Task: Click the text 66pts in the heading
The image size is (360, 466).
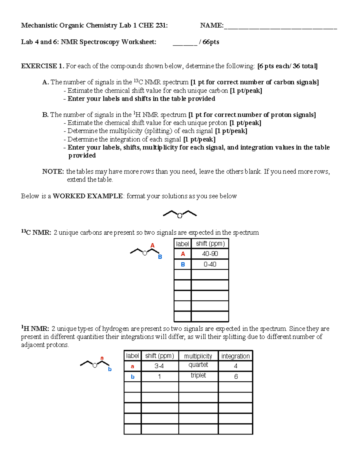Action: click(x=211, y=42)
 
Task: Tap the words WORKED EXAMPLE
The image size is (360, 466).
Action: click(x=88, y=196)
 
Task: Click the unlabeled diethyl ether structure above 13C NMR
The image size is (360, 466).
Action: click(x=180, y=214)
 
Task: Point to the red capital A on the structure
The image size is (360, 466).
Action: click(x=152, y=245)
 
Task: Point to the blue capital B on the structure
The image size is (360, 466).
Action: click(x=160, y=257)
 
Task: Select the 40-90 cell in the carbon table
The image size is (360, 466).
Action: click(x=210, y=254)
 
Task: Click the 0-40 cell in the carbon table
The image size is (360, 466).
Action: click(x=210, y=264)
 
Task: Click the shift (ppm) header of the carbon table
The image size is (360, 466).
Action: click(x=210, y=244)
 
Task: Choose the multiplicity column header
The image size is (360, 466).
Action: click(x=198, y=356)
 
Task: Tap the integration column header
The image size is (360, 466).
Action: click(x=235, y=356)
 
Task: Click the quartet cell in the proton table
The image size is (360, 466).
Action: click(x=198, y=365)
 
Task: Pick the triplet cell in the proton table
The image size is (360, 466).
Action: click(x=198, y=375)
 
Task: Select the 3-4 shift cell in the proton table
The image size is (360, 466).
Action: click(x=159, y=366)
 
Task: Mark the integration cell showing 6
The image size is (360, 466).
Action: click(x=236, y=377)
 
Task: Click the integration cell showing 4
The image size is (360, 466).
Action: click(x=235, y=366)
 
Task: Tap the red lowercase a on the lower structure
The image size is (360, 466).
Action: click(x=102, y=358)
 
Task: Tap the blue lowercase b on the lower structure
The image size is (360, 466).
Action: click(x=110, y=369)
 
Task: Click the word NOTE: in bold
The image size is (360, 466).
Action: click(x=53, y=172)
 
